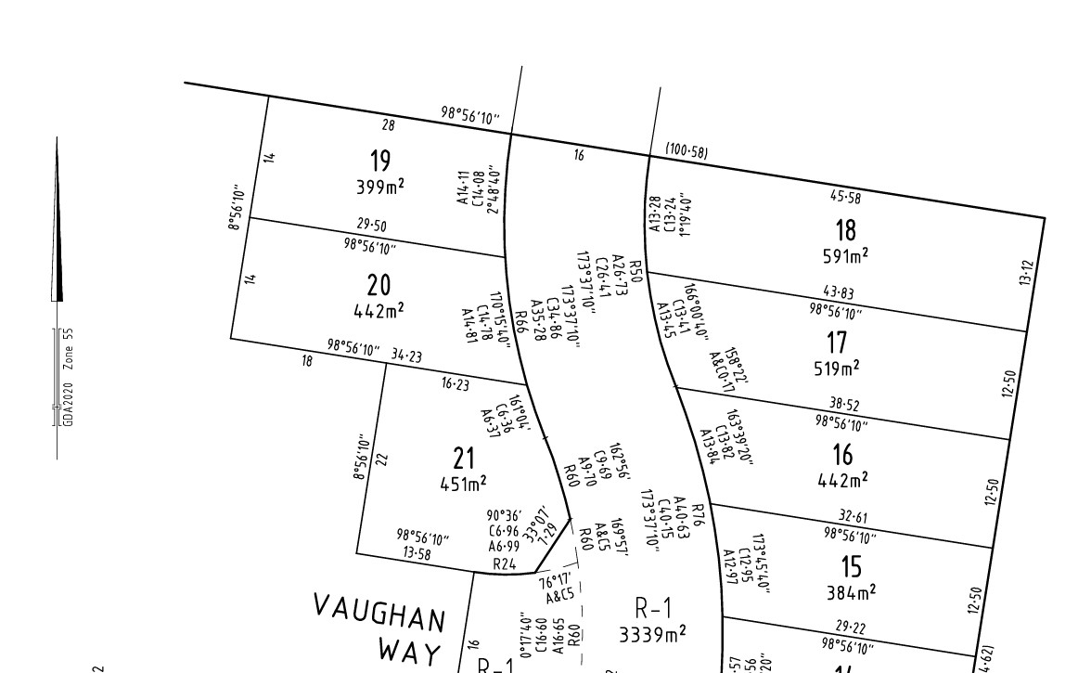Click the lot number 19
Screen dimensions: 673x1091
380,162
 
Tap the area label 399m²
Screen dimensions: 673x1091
380,187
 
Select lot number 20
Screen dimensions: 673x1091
379,285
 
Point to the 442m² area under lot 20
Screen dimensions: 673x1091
379,310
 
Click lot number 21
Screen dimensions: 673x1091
464,458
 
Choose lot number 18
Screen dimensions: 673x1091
845,229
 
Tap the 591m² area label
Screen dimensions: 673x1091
845,255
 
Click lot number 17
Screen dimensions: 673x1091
837,343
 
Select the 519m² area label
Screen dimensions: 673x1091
837,369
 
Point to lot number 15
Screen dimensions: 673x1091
851,565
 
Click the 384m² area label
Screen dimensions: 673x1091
851,591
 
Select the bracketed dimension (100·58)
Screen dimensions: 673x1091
687,150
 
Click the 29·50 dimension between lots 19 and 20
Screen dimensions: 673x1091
371,226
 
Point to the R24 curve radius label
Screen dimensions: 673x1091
504,563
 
